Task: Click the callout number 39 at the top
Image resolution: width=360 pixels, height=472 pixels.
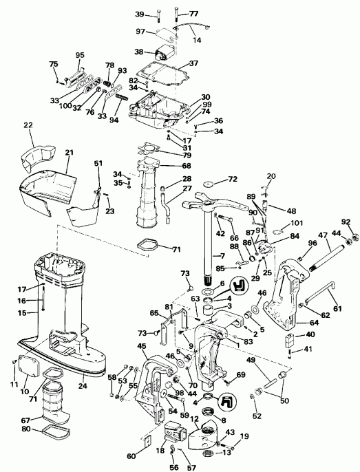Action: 140,14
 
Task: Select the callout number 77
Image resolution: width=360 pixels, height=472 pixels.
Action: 193,13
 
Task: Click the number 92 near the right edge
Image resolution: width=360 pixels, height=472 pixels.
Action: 346,222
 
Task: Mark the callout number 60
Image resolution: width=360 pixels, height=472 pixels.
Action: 131,455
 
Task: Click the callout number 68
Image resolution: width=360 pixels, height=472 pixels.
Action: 186,165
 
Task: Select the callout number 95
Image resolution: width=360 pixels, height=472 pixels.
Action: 79,55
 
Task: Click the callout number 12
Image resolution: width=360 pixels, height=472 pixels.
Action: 195,420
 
